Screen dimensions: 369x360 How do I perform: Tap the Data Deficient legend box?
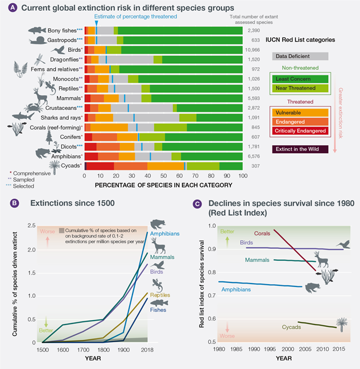coord(301,56)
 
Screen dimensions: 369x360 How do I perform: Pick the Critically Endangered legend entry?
coord(301,131)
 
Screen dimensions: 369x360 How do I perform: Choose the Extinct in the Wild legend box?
coord(301,149)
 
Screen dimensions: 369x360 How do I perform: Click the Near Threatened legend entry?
coord(301,88)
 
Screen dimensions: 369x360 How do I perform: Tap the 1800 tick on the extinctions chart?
coord(102,348)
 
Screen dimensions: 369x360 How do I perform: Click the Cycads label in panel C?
coord(292,327)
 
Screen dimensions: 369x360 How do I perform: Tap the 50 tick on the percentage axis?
coord(164,176)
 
